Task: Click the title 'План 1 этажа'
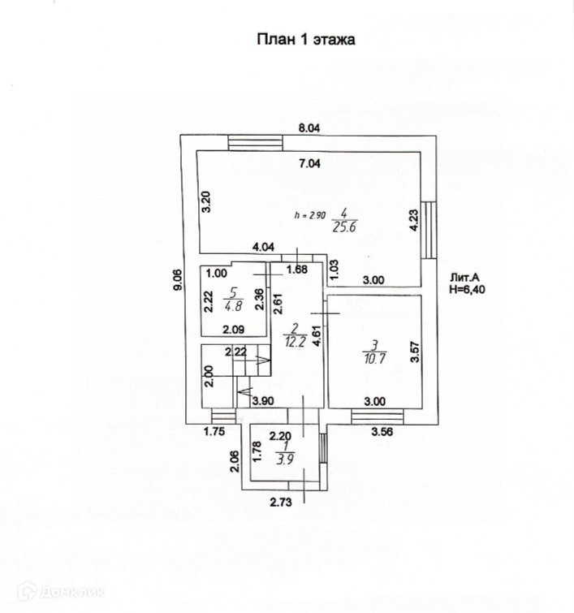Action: [x=306, y=39]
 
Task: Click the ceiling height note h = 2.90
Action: [x=309, y=216]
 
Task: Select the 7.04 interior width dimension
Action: [x=310, y=163]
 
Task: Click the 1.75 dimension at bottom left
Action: [x=214, y=432]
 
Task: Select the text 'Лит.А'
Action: [x=464, y=276]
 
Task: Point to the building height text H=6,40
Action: [x=468, y=288]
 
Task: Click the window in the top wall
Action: [x=255, y=143]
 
